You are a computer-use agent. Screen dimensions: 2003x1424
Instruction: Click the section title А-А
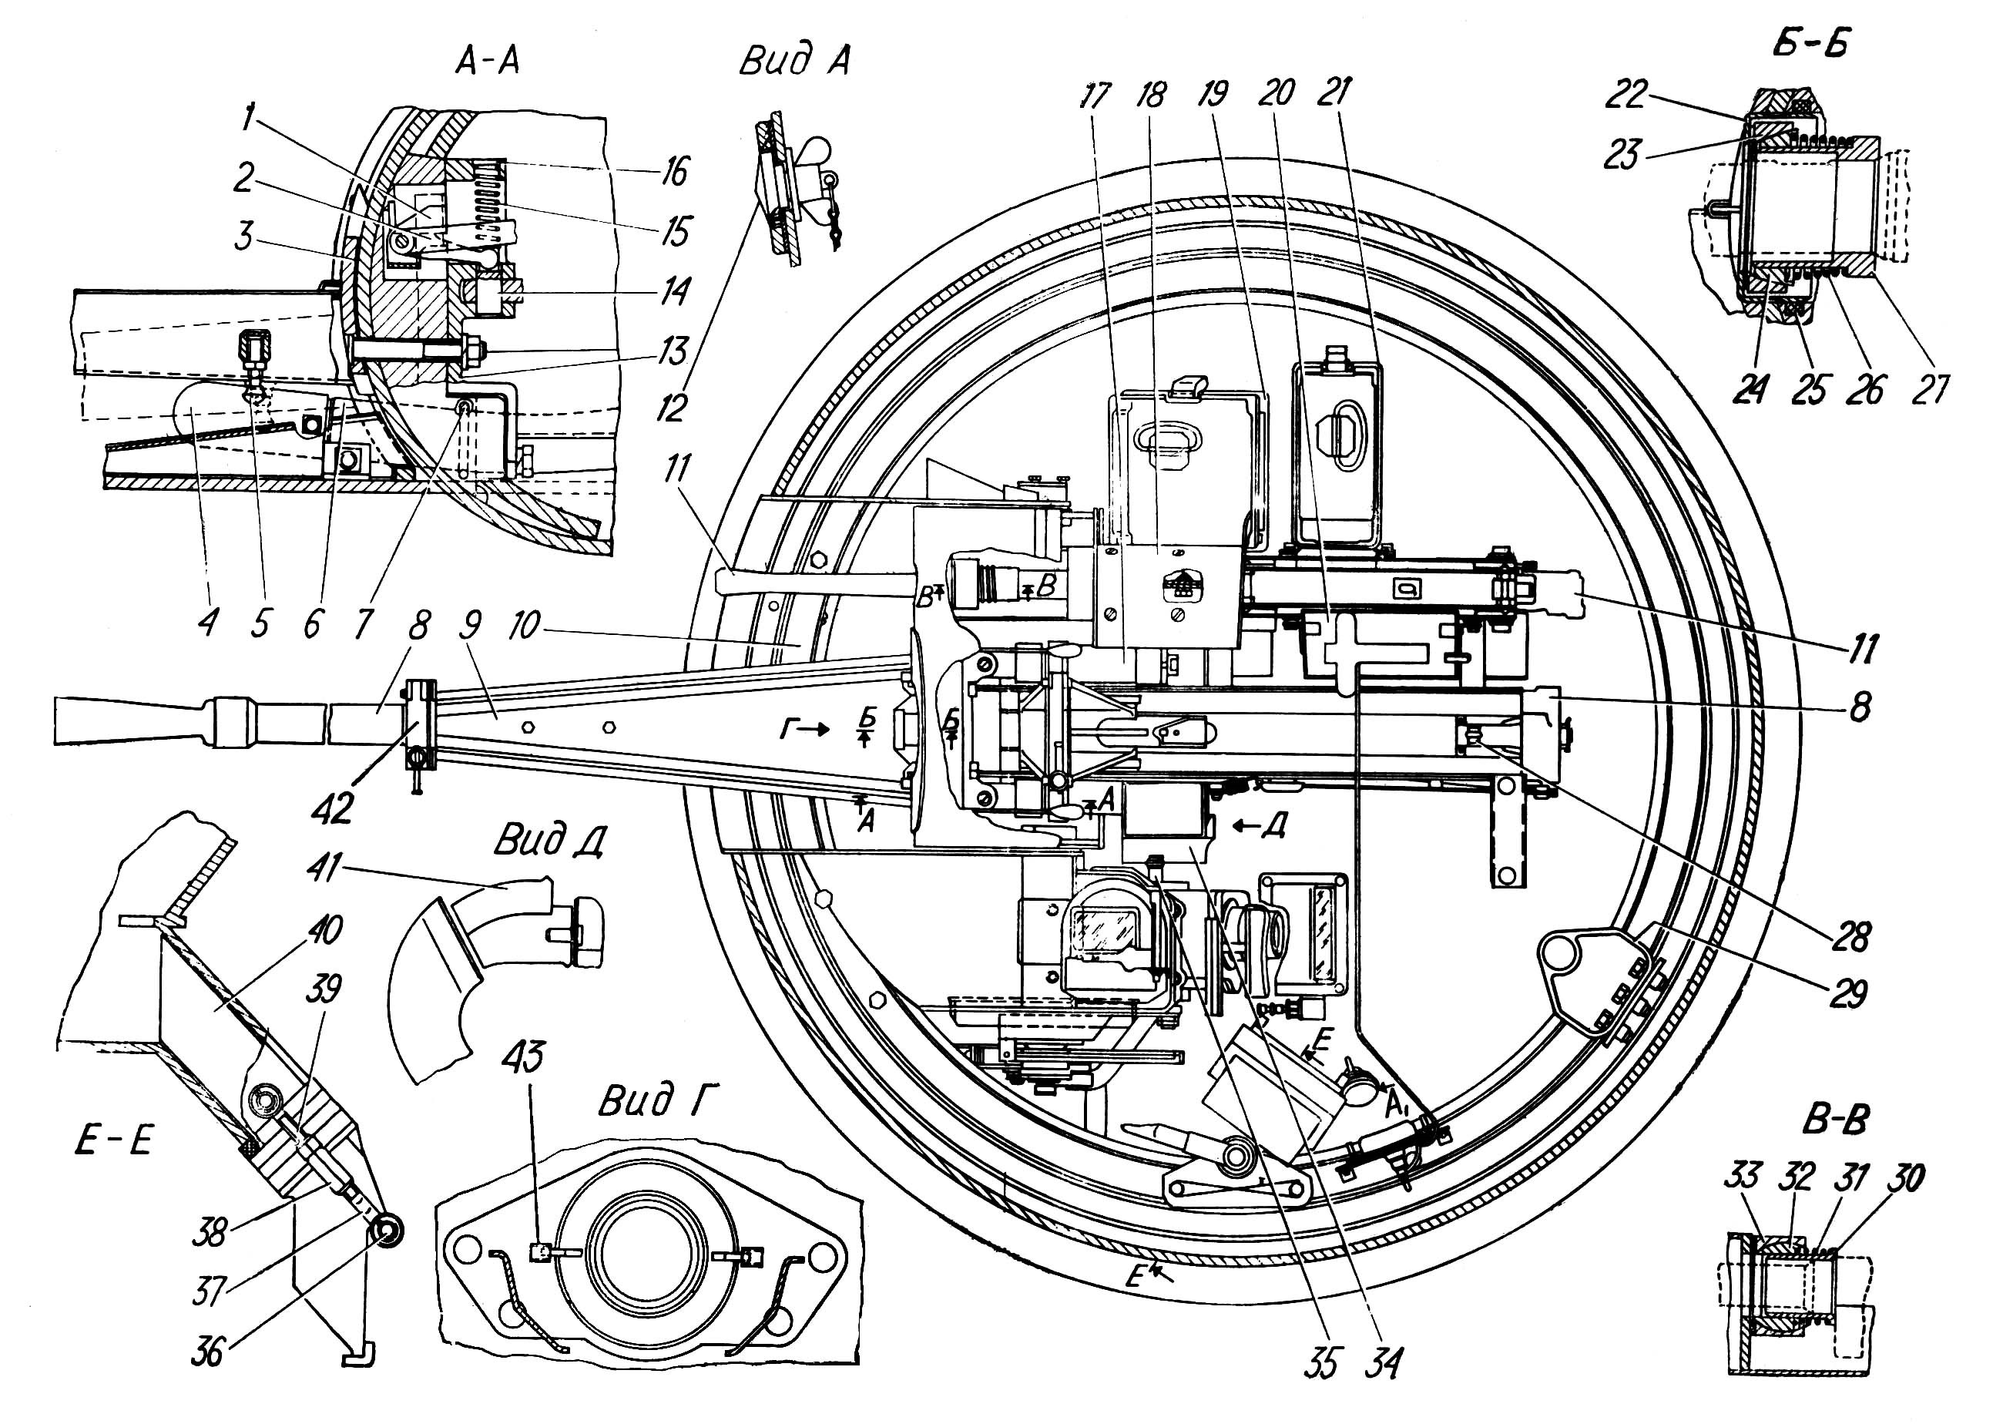pyautogui.click(x=488, y=62)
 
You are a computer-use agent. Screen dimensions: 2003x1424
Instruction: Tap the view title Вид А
pyautogui.click(x=794, y=62)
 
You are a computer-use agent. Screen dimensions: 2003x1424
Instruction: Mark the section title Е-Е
pyautogui.click(x=114, y=1143)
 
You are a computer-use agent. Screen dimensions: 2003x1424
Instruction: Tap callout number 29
pyautogui.click(x=1847, y=993)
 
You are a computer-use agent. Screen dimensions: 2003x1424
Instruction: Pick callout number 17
pyautogui.click(x=1093, y=96)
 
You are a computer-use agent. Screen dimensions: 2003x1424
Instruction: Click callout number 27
pyautogui.click(x=1928, y=390)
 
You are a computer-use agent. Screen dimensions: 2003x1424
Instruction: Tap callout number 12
pyautogui.click(x=673, y=408)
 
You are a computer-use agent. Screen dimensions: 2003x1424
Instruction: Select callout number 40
pyautogui.click(x=324, y=929)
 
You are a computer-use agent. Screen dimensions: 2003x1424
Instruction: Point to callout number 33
pyautogui.click(x=1742, y=1175)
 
